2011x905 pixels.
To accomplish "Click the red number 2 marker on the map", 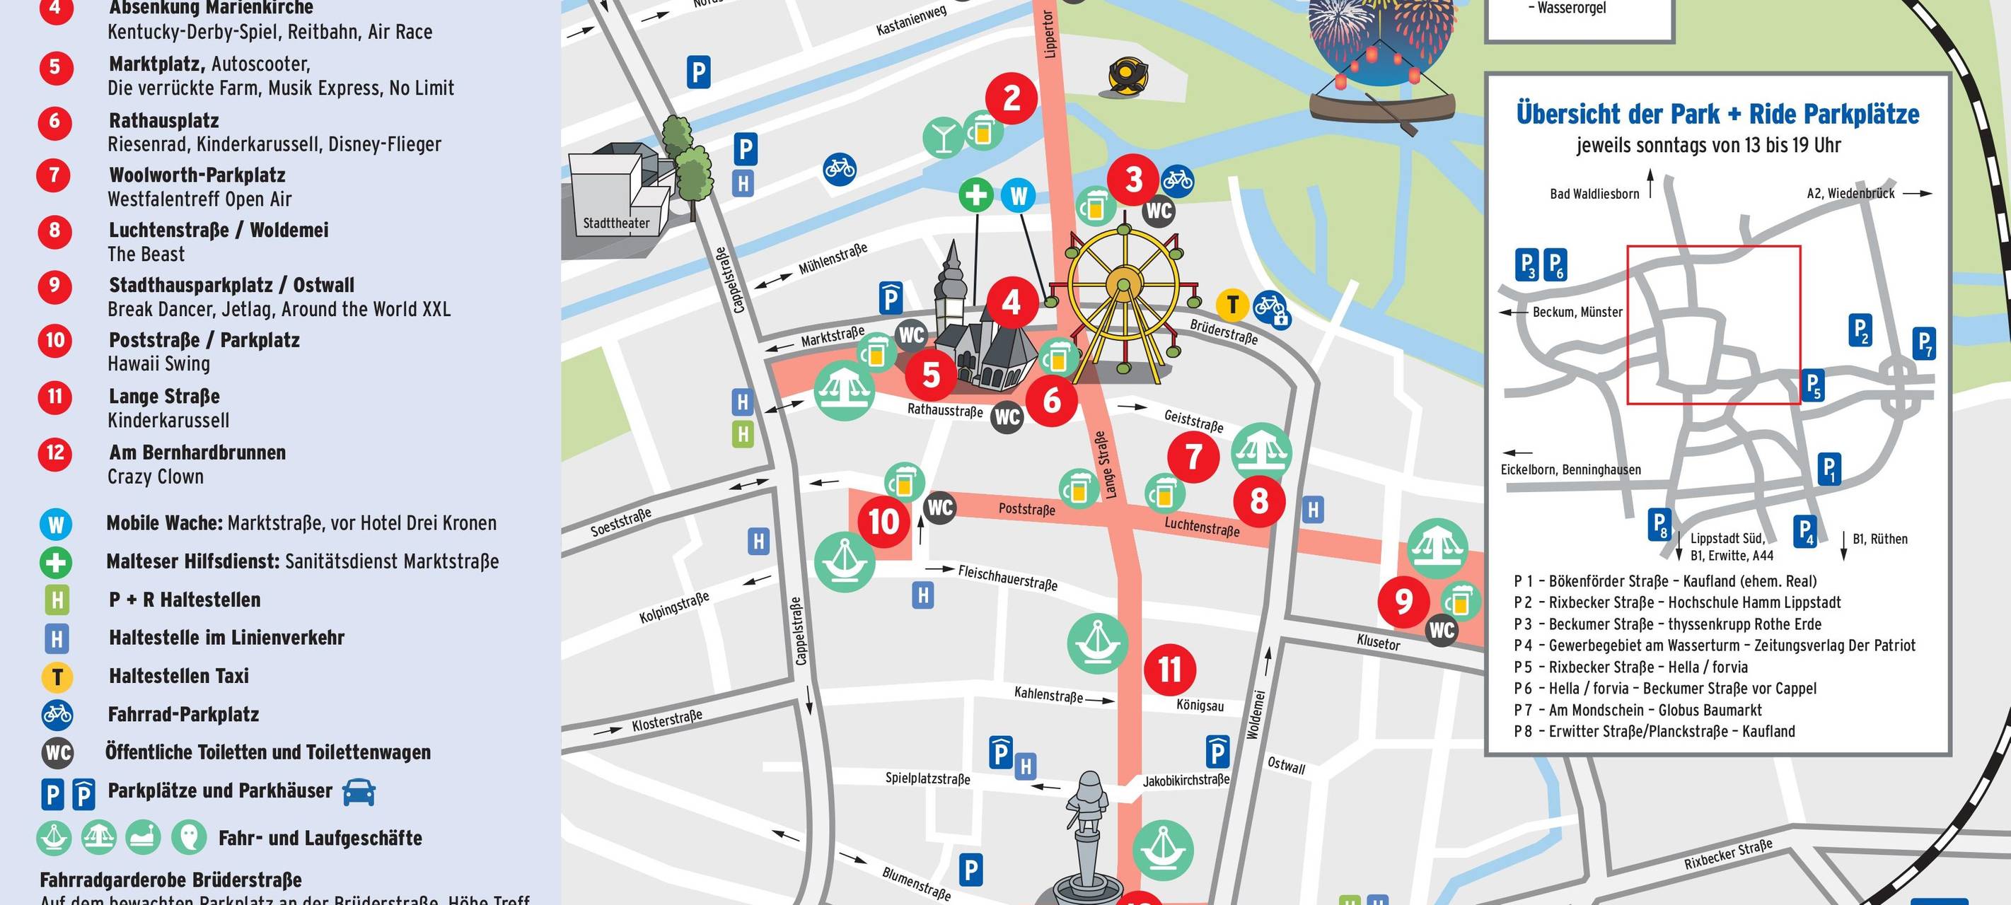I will click(x=1011, y=98).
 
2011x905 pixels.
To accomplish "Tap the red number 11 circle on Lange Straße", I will click(x=1169, y=670).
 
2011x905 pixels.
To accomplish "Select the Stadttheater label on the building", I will click(x=616, y=223).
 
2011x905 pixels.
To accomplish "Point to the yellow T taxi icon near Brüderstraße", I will click(x=1233, y=304).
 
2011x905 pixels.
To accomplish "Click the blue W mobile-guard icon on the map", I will click(x=1019, y=195).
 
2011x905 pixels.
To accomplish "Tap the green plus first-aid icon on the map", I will click(x=976, y=195).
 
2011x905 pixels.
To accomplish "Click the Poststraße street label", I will click(x=1026, y=510).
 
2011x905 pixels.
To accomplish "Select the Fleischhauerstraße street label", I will click(x=1007, y=578).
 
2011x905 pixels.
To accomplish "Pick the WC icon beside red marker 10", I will click(x=939, y=508).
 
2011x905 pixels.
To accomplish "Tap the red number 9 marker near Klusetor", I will click(x=1403, y=602).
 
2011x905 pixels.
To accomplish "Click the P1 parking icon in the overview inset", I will click(x=1829, y=469).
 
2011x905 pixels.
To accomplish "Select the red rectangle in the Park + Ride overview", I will click(x=1714, y=325).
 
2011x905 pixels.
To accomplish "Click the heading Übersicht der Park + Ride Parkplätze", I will click(x=1717, y=114).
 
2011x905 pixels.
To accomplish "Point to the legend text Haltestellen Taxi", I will click(x=179, y=676).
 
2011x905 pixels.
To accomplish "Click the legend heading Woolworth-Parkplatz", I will click(x=197, y=175).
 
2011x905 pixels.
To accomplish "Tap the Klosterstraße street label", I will click(x=667, y=721).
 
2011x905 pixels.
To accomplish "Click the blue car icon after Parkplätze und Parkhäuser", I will click(x=359, y=792).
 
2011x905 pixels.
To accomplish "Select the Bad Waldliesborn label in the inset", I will click(x=1594, y=194).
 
